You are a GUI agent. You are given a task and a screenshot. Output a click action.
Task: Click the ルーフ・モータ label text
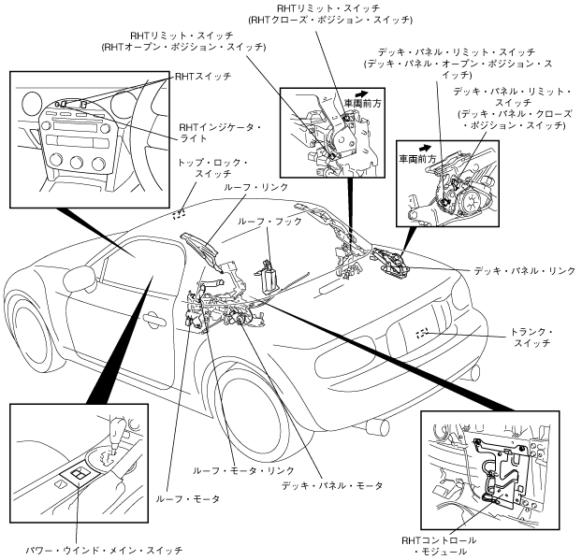[x=187, y=499]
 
